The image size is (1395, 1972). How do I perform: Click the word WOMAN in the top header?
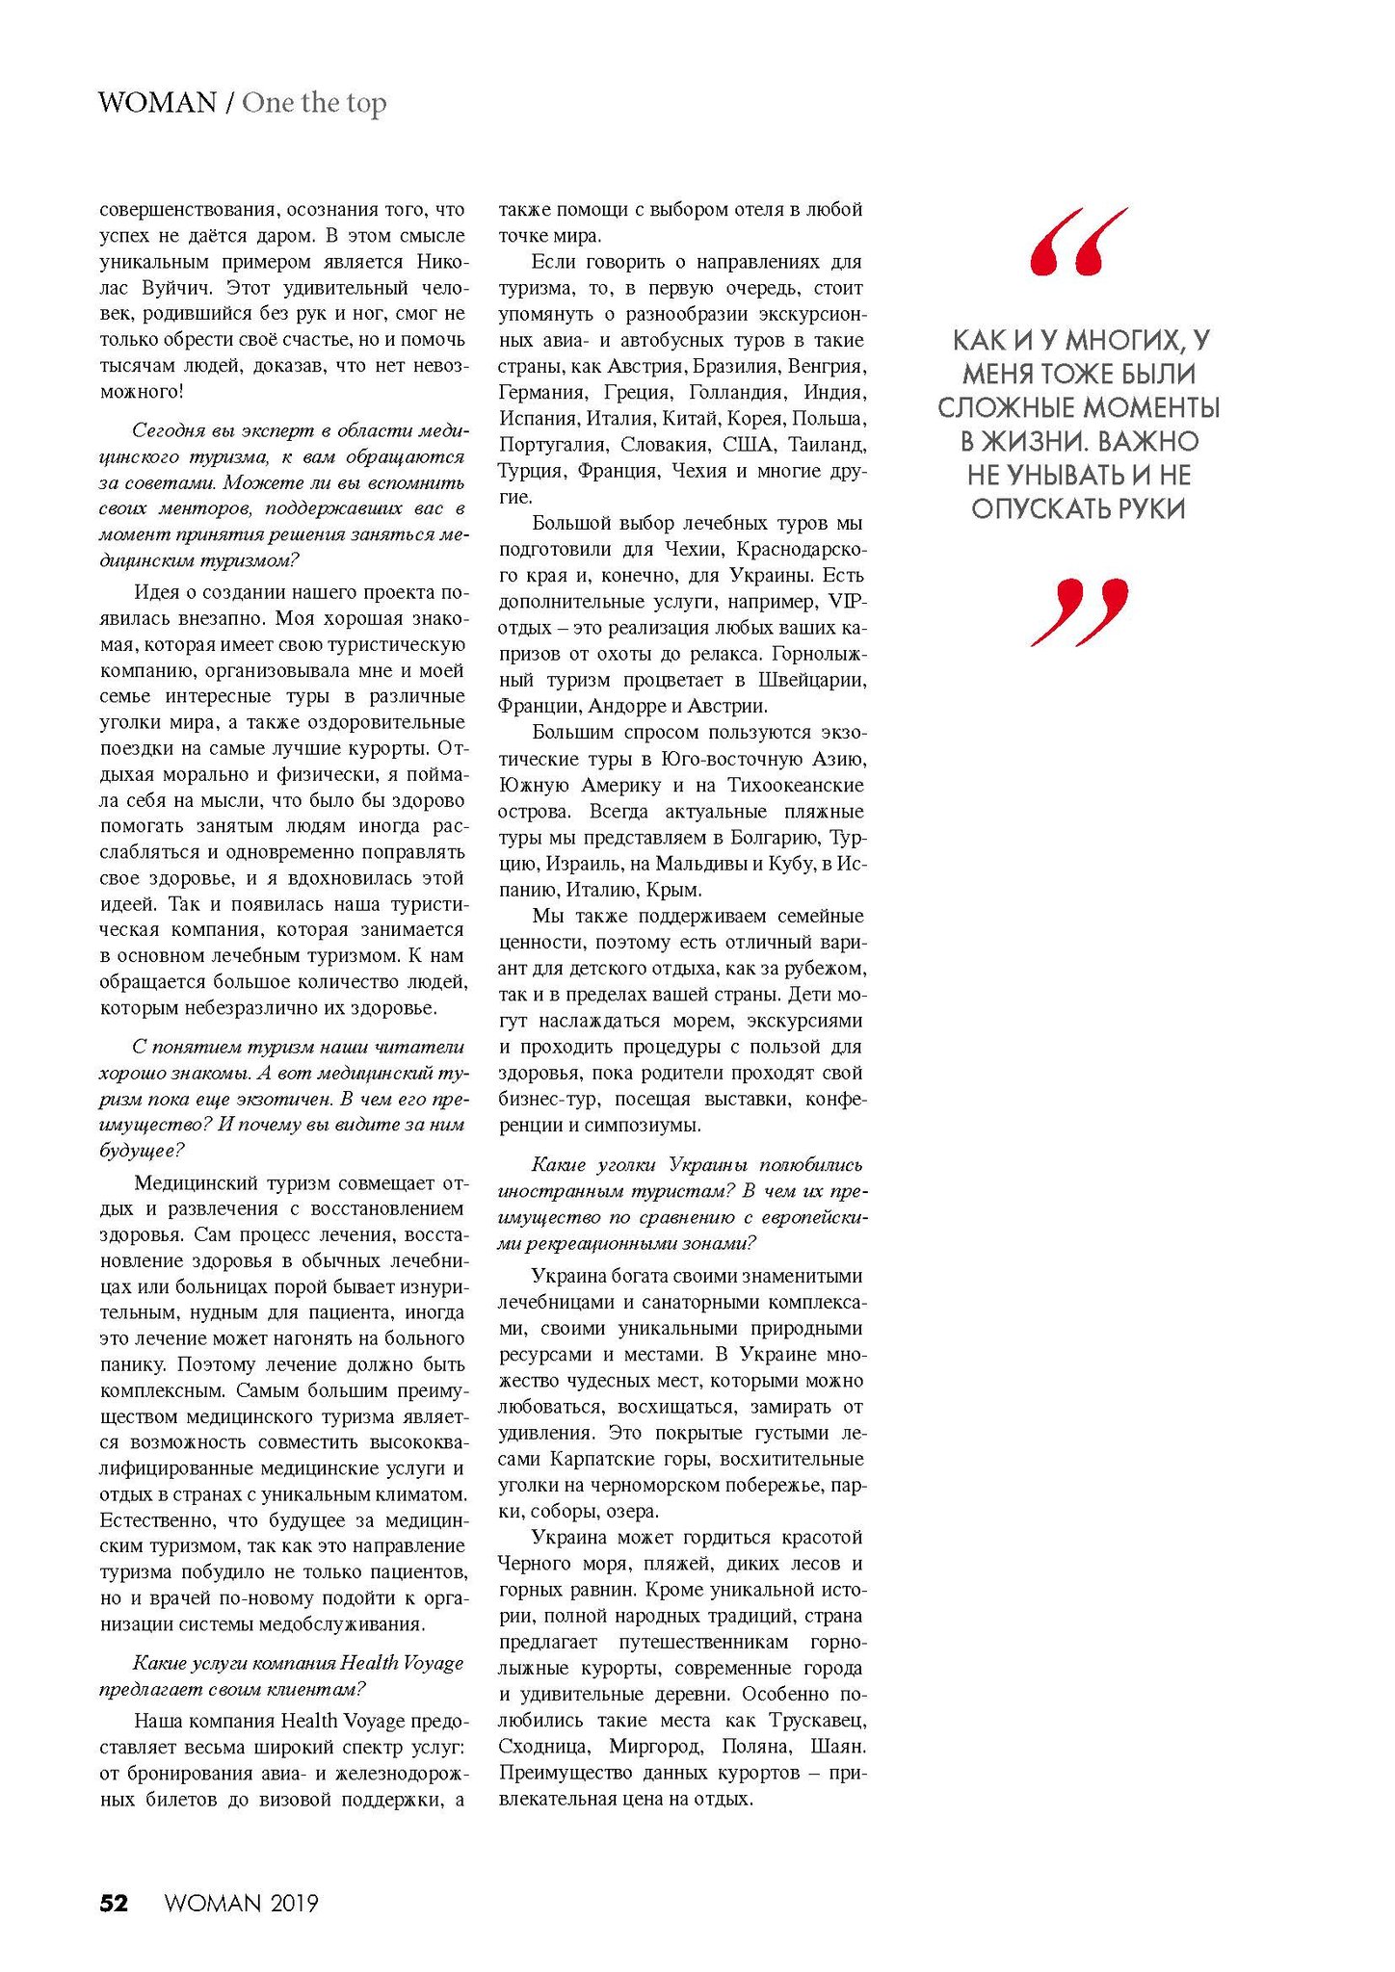158,103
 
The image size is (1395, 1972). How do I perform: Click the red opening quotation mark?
1078,242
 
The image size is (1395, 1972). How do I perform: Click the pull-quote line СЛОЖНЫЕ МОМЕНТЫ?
1078,408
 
